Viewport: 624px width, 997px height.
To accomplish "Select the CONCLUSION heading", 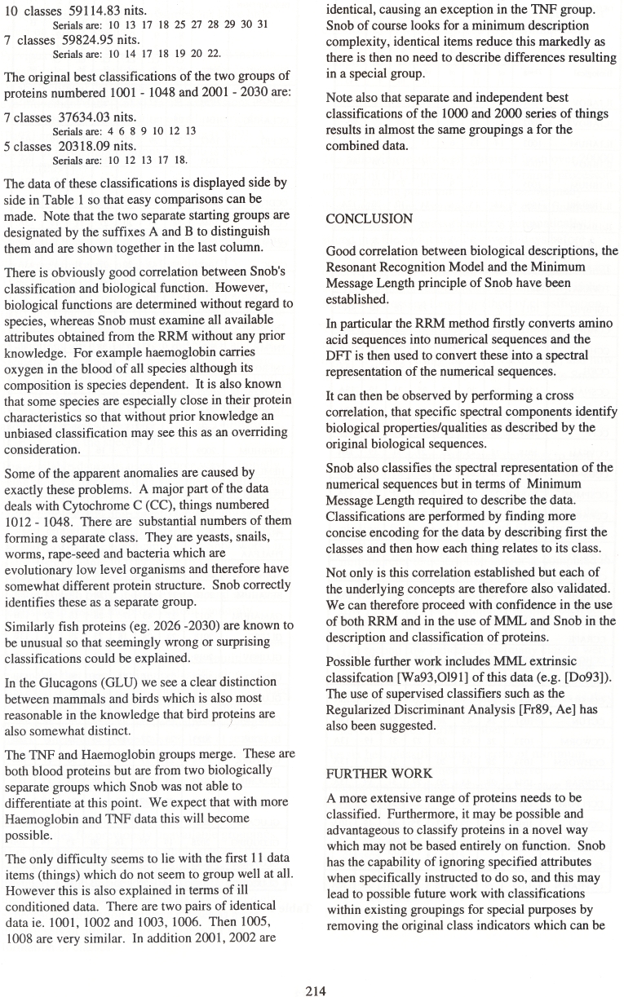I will pyautogui.click(x=369, y=219).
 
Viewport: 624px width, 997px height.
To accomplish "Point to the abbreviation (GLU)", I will pyautogui.click(x=131, y=681).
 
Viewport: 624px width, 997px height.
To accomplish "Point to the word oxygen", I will pyautogui.click(x=26, y=367).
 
